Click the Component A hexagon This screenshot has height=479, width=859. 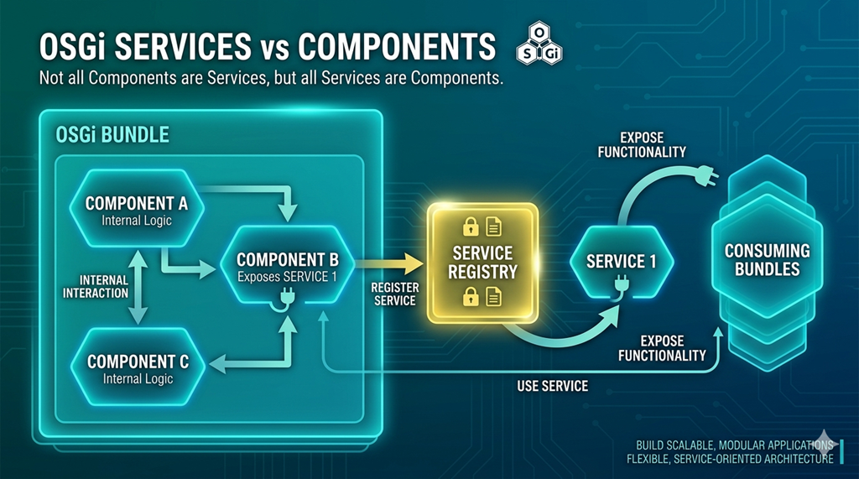(x=137, y=209)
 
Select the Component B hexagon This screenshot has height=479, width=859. (x=287, y=265)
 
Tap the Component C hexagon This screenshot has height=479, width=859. (x=138, y=367)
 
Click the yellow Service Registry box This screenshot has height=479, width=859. (x=482, y=263)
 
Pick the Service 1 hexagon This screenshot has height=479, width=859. (x=622, y=262)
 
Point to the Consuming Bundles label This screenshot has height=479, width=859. (x=767, y=260)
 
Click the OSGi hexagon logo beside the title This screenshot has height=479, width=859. (x=539, y=44)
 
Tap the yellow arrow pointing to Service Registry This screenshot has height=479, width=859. (x=389, y=263)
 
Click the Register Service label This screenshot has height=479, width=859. (x=394, y=294)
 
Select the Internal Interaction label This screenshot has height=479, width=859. (x=96, y=287)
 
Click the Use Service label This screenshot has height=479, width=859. (x=552, y=386)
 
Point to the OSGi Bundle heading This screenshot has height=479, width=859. (x=112, y=135)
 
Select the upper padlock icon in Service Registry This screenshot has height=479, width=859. (x=470, y=226)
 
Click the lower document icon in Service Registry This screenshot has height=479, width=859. (x=493, y=296)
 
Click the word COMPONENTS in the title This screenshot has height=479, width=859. (x=397, y=46)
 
